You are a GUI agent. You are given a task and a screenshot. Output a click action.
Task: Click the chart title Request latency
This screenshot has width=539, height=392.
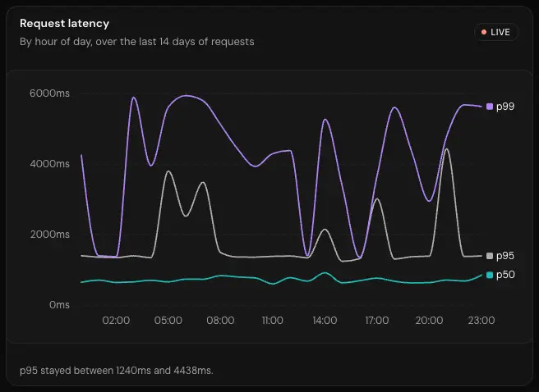64,23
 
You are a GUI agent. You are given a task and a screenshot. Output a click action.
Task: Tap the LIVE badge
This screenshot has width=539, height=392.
496,32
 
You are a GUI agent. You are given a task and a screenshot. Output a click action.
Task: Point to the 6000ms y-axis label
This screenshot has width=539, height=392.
49,93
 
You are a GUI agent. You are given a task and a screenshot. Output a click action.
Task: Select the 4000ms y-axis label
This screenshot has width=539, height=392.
49,163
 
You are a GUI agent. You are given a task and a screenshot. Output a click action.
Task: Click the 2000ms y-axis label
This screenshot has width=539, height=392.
49,235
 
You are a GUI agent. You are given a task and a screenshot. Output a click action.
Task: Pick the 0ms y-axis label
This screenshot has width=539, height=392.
59,304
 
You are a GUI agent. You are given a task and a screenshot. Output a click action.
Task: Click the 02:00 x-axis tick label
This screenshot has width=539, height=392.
116,321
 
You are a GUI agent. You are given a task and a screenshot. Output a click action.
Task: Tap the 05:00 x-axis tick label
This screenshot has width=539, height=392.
168,321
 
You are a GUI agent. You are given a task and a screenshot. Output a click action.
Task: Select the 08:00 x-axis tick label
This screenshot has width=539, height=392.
220,321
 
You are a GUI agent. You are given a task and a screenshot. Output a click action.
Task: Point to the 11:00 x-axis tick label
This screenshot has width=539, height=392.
273,321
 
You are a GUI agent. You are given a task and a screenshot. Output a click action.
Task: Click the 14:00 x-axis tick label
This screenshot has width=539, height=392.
325,321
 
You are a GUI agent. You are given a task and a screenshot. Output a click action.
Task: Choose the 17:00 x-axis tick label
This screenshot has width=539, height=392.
377,321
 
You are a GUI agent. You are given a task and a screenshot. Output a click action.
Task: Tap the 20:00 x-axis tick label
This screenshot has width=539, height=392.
430,321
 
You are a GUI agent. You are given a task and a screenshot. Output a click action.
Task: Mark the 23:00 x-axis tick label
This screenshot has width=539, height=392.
481,321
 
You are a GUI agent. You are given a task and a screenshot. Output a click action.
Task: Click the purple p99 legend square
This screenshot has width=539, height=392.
490,107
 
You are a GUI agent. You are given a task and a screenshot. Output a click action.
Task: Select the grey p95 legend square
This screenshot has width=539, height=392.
490,256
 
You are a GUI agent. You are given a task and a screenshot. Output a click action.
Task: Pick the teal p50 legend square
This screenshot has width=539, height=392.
490,275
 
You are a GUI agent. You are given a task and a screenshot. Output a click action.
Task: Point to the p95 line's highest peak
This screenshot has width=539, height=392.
446,149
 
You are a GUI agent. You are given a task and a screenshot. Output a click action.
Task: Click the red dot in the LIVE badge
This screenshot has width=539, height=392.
484,32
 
